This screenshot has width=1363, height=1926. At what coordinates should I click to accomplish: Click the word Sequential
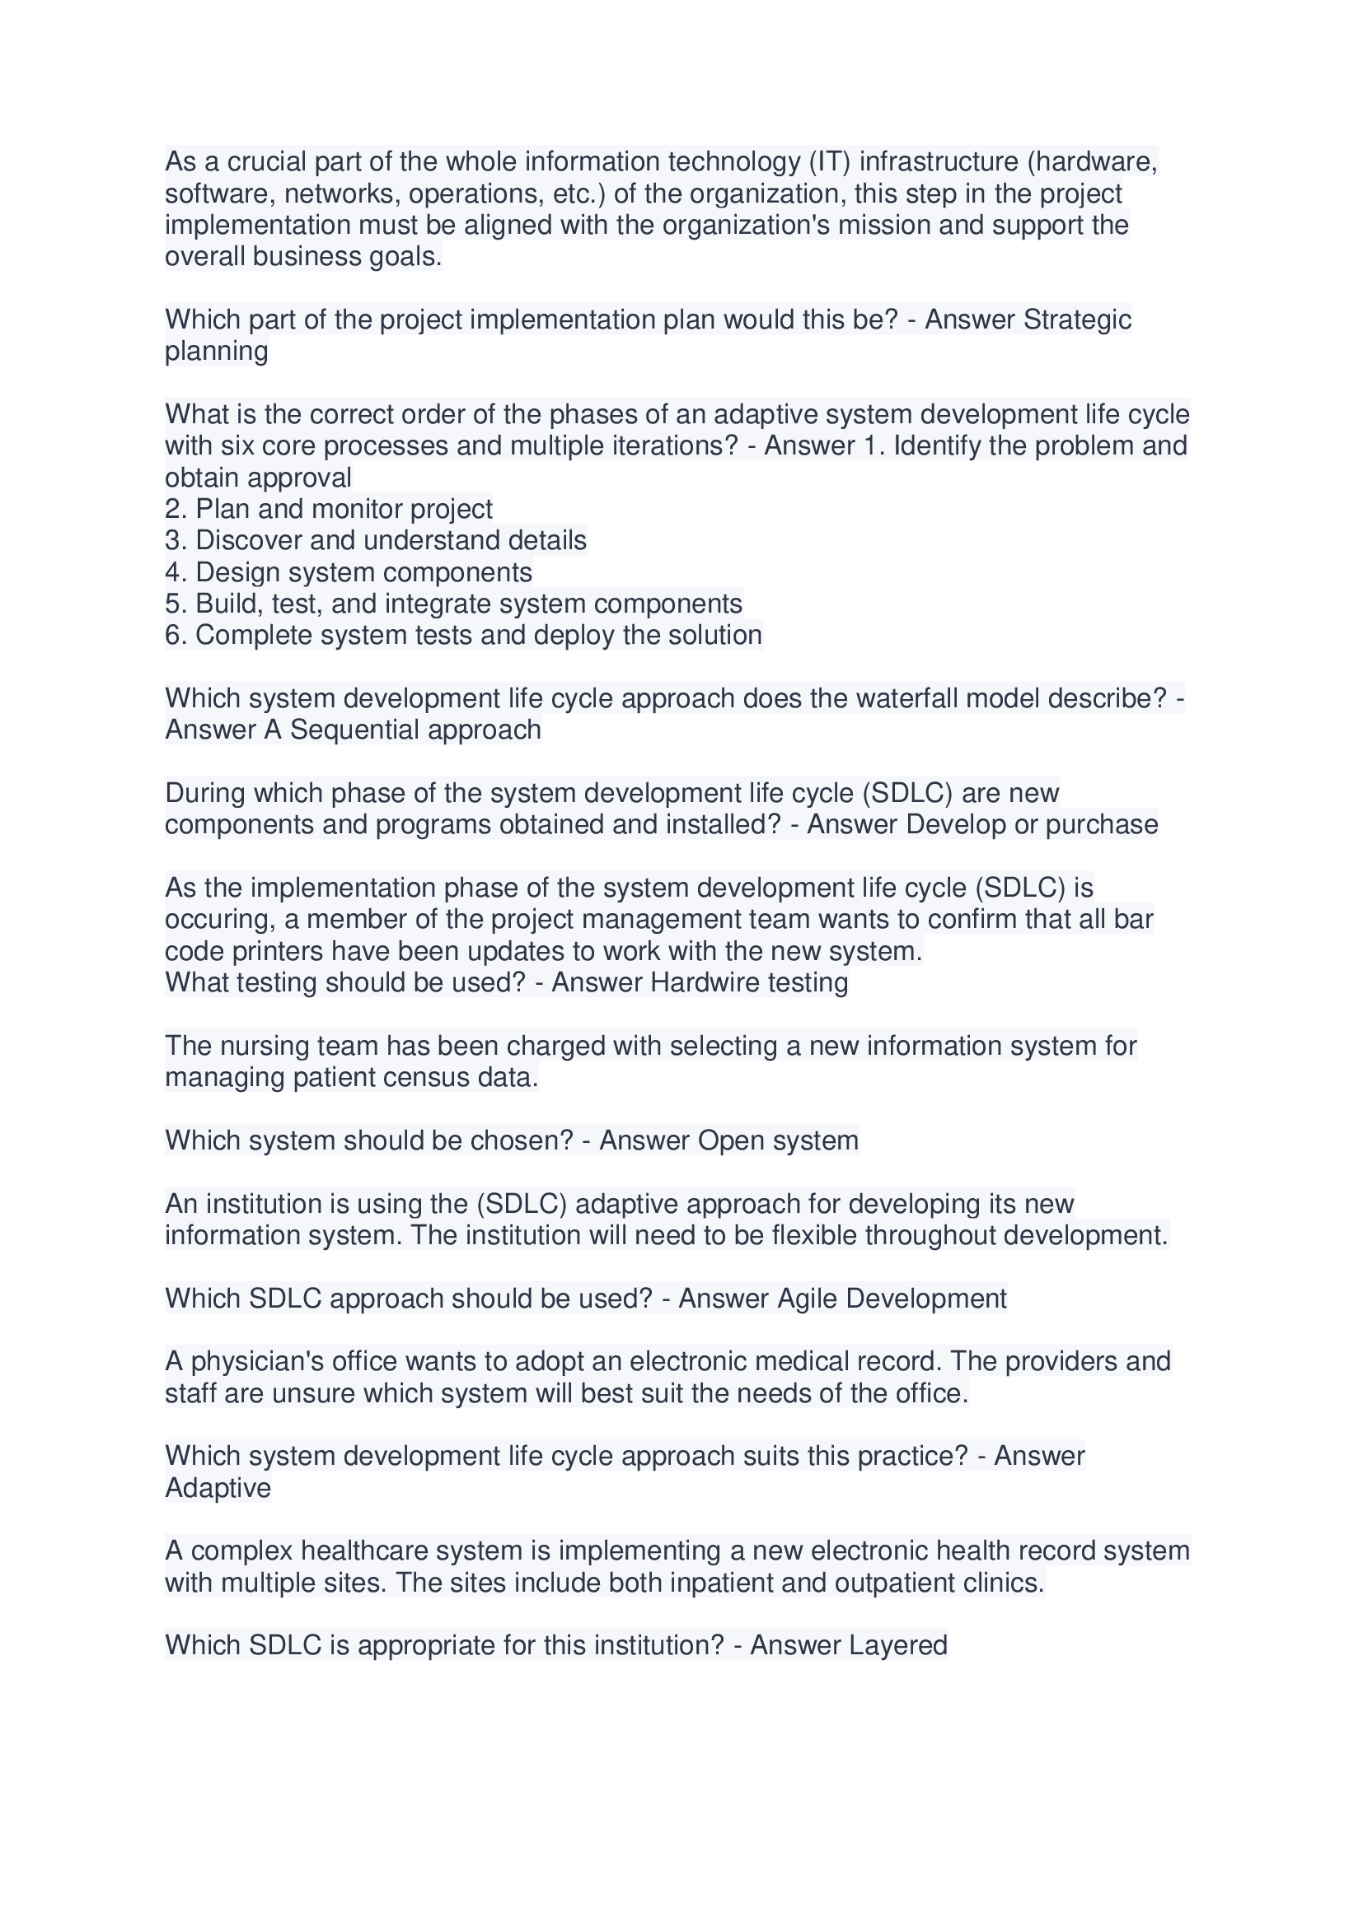pyautogui.click(x=355, y=730)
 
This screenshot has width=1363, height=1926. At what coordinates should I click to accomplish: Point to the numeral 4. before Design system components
pyautogui.click(x=176, y=572)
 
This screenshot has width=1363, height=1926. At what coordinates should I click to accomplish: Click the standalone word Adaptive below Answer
pyautogui.click(x=218, y=1488)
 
